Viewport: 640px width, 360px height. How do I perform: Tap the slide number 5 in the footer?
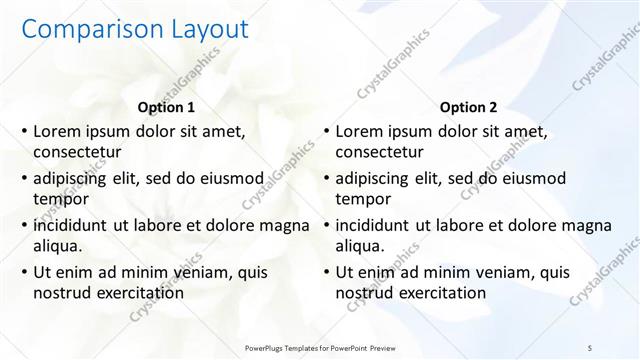click(590, 346)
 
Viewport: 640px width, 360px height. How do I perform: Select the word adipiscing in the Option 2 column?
click(374, 178)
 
